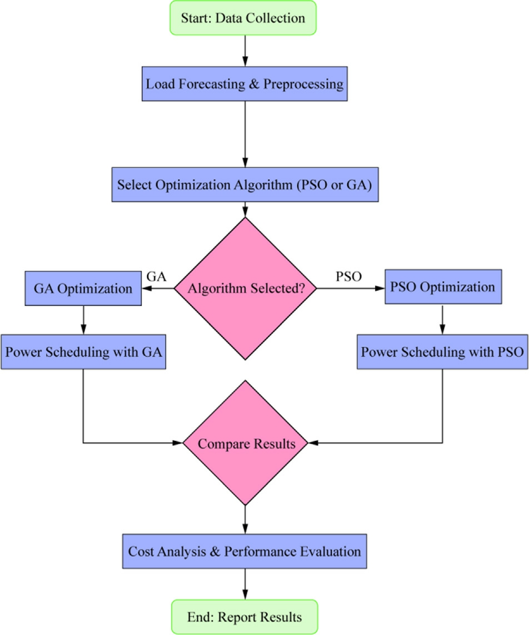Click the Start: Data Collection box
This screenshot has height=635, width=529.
click(243, 18)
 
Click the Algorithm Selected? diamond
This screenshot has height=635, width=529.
click(245, 289)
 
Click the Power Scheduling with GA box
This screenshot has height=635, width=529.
click(83, 352)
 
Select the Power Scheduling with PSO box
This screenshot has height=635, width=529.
click(443, 352)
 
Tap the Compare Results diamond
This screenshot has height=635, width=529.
click(245, 444)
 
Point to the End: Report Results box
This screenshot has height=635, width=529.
click(244, 617)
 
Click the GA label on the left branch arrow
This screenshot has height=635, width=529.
click(156, 276)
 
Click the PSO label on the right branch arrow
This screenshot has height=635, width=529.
click(349, 276)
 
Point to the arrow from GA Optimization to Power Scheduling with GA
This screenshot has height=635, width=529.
click(83, 320)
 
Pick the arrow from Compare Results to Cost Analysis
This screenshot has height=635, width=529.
click(244, 519)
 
